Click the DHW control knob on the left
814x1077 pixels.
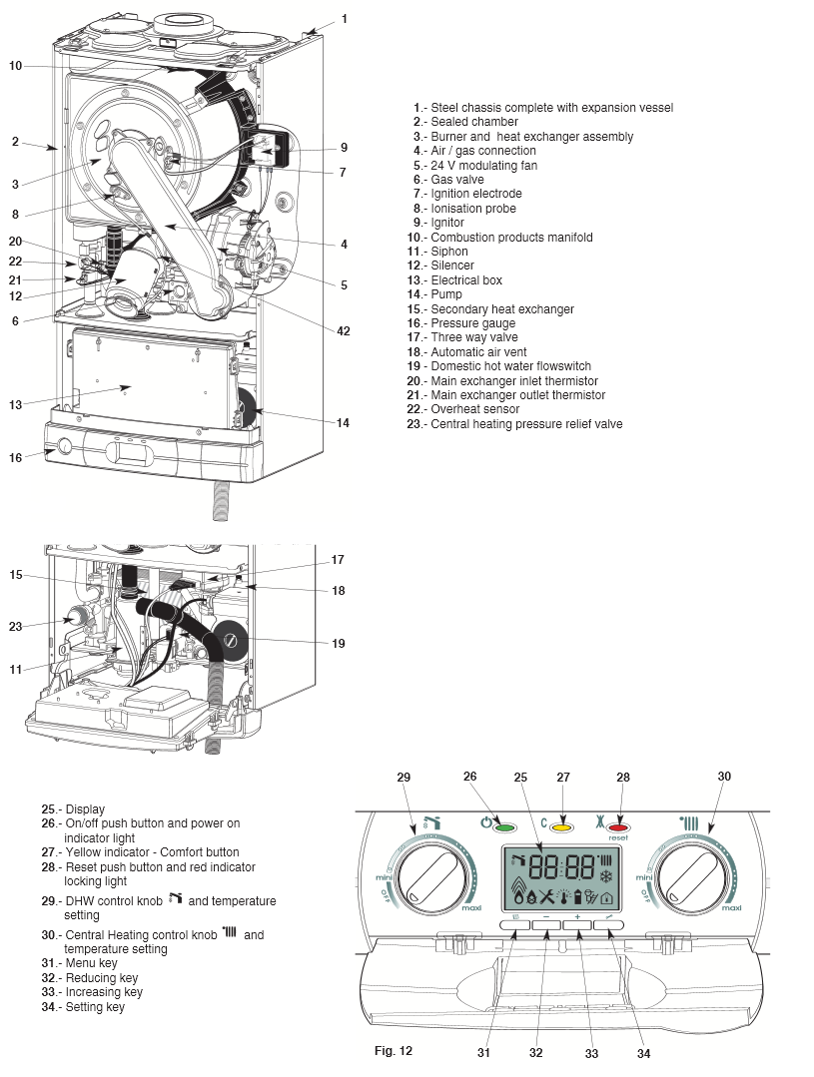(432, 875)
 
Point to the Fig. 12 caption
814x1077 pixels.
(393, 1050)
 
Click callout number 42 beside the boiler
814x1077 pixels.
(344, 331)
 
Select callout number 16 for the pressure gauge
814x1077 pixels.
(15, 457)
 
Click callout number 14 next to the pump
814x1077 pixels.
(343, 423)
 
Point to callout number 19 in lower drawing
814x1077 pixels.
(339, 644)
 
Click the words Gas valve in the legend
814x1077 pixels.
(457, 180)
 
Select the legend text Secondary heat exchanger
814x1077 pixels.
(502, 309)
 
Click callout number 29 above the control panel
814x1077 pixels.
(405, 776)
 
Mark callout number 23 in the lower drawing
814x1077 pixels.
(15, 627)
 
